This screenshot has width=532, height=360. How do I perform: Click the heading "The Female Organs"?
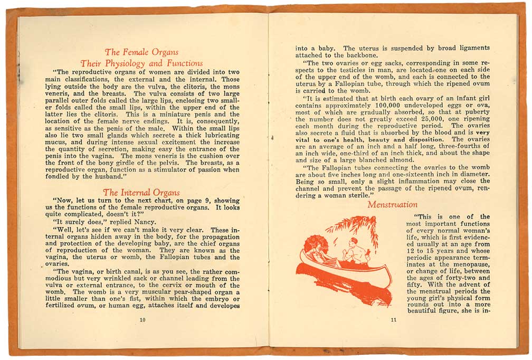point(141,52)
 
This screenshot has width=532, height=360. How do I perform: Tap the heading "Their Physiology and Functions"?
point(141,63)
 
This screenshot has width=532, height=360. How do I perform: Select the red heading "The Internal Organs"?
point(141,192)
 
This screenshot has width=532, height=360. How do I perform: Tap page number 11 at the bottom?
point(393,320)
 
